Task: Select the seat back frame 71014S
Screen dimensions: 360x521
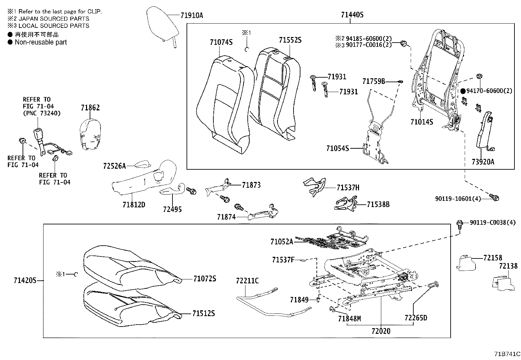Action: click(x=437, y=79)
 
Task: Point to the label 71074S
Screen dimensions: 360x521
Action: click(x=221, y=42)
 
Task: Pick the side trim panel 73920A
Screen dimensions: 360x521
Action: click(x=483, y=131)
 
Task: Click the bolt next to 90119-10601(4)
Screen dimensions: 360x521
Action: click(x=494, y=197)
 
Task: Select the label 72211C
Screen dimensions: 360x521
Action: click(x=247, y=281)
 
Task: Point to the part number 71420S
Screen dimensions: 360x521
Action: click(x=25, y=280)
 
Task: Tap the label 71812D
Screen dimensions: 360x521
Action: click(x=134, y=205)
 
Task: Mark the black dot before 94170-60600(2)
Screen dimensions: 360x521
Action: click(x=463, y=91)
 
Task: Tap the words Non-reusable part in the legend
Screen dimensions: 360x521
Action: click(x=41, y=42)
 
